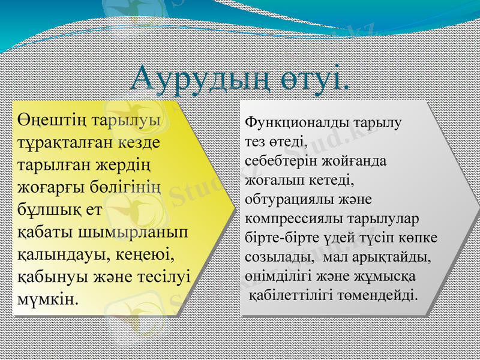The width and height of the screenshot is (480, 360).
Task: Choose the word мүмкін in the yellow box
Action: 47,298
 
